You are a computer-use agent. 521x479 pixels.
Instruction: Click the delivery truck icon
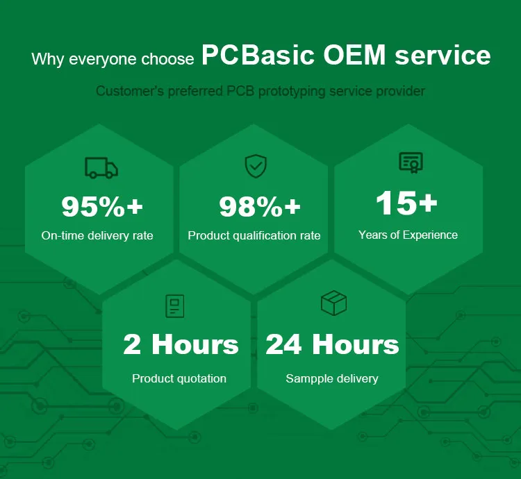click(x=101, y=167)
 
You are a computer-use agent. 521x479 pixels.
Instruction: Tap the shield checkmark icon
click(x=255, y=166)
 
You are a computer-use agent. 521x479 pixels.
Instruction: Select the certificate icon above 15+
click(x=411, y=162)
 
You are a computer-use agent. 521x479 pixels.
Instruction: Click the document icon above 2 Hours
click(x=175, y=306)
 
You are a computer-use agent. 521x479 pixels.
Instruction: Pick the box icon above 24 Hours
click(x=333, y=303)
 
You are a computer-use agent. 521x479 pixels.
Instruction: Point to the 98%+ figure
click(x=259, y=206)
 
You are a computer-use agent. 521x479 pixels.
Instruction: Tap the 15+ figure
click(x=406, y=203)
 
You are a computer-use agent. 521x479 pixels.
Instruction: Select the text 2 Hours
click(x=181, y=344)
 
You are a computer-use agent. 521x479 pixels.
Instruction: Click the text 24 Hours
click(x=332, y=344)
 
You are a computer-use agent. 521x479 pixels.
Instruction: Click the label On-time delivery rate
click(x=97, y=235)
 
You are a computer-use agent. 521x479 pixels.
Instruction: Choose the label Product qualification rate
click(x=254, y=236)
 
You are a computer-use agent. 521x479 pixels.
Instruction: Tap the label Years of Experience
click(x=408, y=235)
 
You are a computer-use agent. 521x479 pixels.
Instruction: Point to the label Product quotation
click(x=179, y=378)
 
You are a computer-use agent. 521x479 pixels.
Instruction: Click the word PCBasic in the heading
click(x=258, y=56)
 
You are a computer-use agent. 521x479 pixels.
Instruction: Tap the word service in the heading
click(x=443, y=56)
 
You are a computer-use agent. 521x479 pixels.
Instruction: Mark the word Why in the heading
click(x=47, y=59)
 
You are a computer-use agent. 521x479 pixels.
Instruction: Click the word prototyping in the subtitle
click(x=292, y=91)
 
